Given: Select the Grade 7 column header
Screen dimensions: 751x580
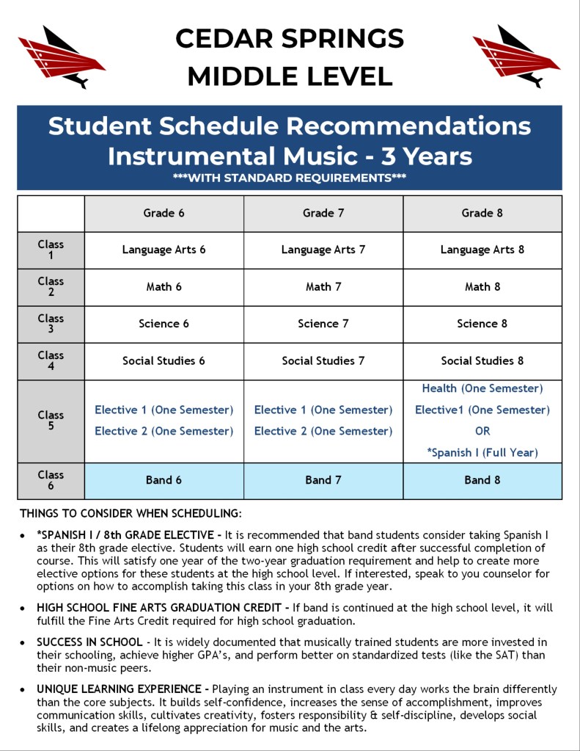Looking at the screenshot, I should coord(323,213).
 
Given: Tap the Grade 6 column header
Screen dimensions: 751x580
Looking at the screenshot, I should coord(164,213).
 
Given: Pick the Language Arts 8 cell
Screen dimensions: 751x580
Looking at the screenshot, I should coord(482,250).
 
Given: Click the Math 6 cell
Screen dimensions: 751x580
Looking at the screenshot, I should coord(164,286).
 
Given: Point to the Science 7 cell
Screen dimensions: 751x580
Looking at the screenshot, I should coord(323,324).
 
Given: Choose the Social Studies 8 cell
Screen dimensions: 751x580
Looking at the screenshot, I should coord(482,360).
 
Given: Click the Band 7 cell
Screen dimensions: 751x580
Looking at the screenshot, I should coord(323,480).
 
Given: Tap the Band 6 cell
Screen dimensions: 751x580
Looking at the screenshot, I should coord(164,480).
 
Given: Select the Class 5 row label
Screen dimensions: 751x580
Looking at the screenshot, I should coord(51,420).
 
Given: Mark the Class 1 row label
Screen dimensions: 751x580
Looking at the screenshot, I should coord(51,250).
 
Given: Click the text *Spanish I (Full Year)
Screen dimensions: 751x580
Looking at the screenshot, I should coord(482,452).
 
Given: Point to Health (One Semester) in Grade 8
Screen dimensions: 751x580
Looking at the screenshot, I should coord(482,388).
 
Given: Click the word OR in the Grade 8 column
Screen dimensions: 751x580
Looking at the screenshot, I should coord(482,431).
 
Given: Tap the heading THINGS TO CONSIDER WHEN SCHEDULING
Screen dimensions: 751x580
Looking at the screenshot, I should coord(131,512).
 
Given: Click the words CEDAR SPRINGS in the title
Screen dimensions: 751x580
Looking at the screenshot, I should coord(290,38).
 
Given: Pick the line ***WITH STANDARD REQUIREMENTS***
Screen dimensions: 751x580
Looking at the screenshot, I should coord(290,178).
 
